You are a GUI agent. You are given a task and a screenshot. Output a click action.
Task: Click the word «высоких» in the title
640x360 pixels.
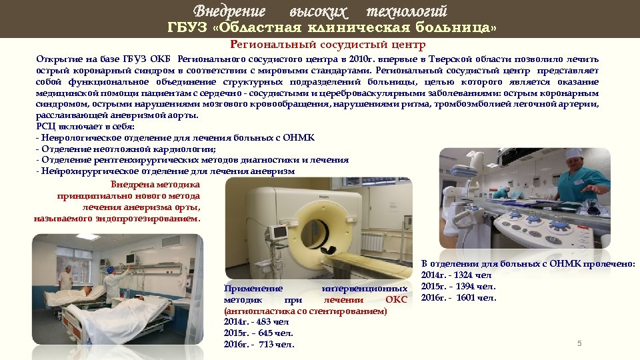pyautogui.click(x=319, y=11)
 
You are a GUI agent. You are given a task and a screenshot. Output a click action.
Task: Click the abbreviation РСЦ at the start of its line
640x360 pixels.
pyautogui.click(x=46, y=126)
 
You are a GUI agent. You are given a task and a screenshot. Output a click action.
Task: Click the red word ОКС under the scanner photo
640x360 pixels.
pyautogui.click(x=396, y=299)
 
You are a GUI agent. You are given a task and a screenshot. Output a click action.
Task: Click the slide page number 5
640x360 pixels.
pyautogui.click(x=579, y=343)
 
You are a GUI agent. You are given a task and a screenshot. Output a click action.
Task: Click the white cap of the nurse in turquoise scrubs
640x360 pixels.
pyautogui.click(x=573, y=154)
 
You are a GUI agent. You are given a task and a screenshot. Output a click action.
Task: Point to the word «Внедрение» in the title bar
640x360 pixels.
pyautogui.click(x=229, y=11)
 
